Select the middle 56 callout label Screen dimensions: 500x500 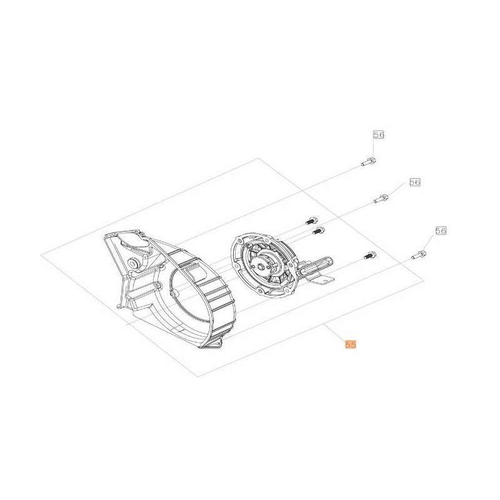pos(415,182)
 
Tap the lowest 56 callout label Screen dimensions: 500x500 pos(441,231)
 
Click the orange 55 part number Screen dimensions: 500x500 pos(349,343)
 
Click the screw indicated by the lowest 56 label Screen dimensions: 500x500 pos(420,254)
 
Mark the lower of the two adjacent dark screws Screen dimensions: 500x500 pos(317,231)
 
